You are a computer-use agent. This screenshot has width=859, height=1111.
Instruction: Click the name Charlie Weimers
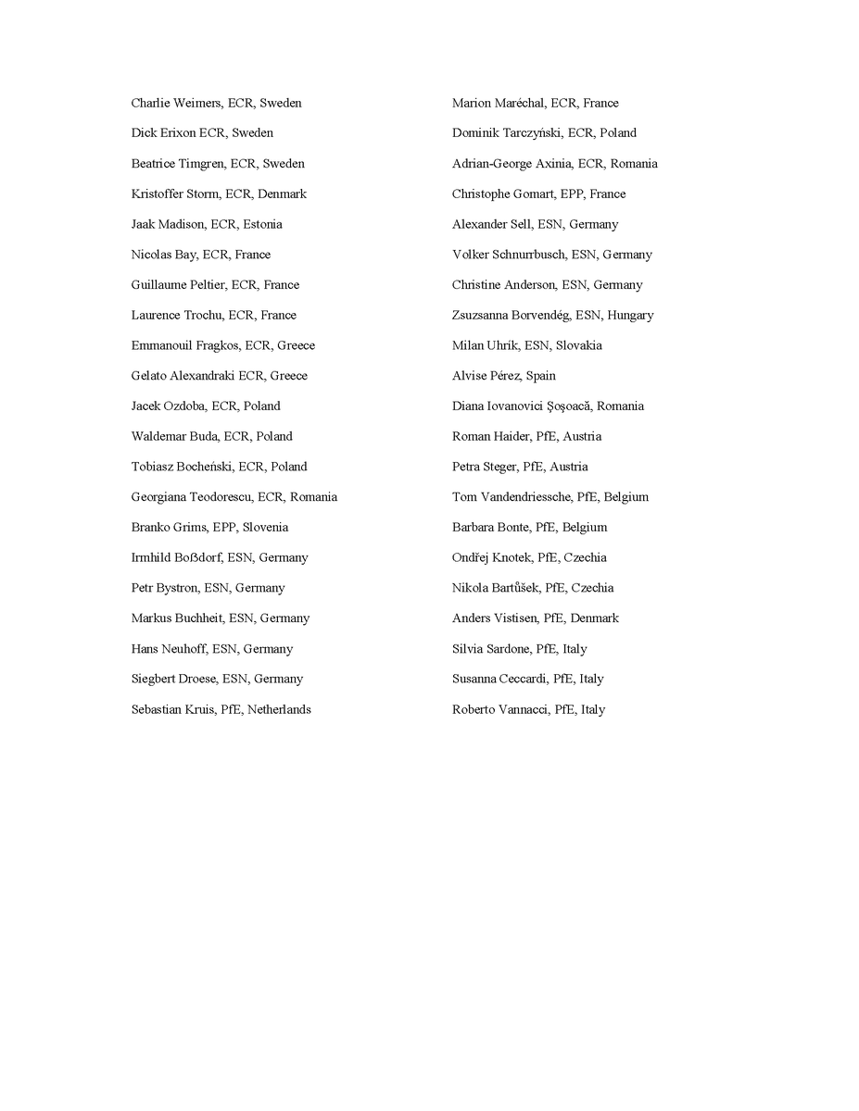175,103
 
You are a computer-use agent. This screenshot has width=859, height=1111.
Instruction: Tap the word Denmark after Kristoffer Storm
283,194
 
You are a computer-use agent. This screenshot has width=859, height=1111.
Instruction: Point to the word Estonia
263,225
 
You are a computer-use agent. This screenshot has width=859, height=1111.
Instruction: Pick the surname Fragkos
213,346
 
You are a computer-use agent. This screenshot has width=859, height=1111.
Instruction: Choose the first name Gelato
148,376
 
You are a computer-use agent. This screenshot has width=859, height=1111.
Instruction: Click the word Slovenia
265,528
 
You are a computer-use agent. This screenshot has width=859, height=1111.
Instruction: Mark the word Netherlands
279,710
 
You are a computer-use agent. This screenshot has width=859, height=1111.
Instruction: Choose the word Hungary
630,316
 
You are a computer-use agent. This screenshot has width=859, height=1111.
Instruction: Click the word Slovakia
578,346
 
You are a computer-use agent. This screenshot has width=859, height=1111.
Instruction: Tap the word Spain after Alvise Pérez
540,376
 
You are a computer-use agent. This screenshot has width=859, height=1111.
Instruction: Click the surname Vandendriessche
524,497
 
